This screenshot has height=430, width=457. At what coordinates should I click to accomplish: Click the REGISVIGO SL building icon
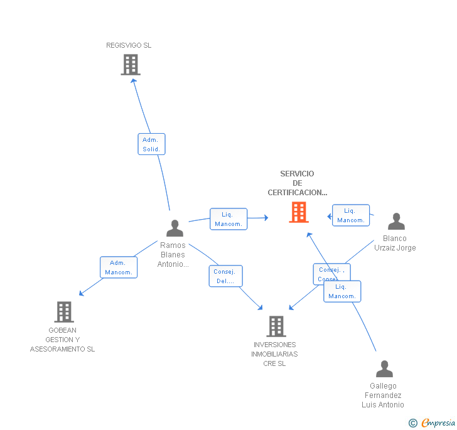[x=130, y=65]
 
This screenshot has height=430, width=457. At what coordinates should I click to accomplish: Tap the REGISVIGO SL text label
[x=129, y=45]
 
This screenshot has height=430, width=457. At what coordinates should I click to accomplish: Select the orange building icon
[x=298, y=212]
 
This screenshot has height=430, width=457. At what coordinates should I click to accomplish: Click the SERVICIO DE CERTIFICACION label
[x=298, y=183]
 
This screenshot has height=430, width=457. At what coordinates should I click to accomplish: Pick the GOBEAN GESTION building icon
[x=63, y=311]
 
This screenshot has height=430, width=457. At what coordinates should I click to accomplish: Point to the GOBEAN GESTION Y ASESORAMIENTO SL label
[x=62, y=340]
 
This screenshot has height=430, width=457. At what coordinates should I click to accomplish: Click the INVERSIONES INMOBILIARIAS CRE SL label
[x=275, y=354]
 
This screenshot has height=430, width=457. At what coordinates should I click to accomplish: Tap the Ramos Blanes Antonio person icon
[x=175, y=228]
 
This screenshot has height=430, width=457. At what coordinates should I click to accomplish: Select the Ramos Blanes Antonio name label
[x=173, y=255]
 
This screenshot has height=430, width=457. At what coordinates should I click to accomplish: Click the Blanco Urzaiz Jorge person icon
[x=396, y=222]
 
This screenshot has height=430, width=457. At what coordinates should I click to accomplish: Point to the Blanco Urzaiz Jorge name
[x=395, y=243]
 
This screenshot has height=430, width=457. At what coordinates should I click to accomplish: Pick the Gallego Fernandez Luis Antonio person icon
[x=384, y=369]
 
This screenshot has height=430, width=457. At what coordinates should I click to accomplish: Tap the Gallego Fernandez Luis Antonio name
[x=383, y=395]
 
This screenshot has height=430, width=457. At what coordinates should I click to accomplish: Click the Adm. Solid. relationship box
[x=151, y=144]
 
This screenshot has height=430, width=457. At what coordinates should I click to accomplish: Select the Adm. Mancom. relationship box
[x=119, y=267]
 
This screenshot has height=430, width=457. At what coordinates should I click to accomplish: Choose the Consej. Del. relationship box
[x=225, y=276]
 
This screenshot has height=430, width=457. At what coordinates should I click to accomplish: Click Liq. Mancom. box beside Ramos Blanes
[x=228, y=219]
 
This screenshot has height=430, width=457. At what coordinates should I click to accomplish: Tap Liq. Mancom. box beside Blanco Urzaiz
[x=351, y=215]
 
